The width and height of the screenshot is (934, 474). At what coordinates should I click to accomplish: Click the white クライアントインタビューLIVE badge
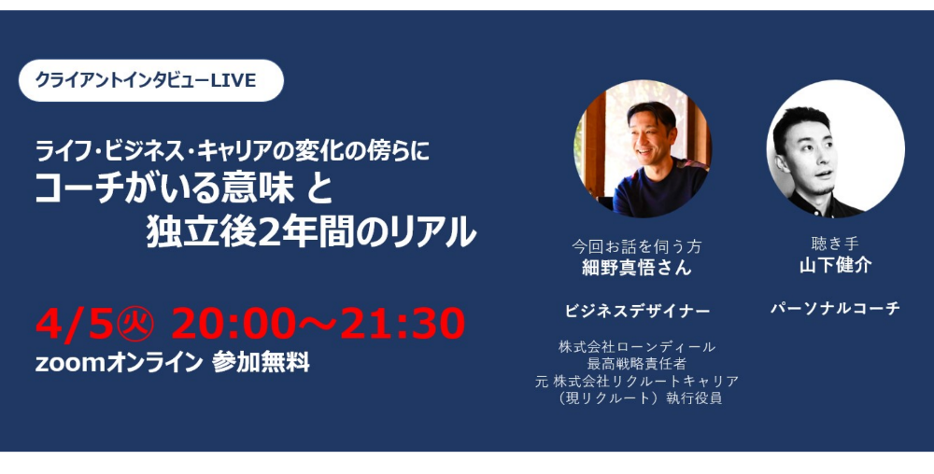click(151, 80)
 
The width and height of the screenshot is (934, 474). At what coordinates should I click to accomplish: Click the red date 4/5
click(73, 324)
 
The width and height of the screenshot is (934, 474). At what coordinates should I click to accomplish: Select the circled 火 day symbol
click(134, 324)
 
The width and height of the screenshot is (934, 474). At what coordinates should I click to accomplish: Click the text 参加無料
click(261, 362)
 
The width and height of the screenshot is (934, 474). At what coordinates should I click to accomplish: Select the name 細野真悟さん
click(636, 268)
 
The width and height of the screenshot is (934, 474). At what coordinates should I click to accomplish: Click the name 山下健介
click(835, 265)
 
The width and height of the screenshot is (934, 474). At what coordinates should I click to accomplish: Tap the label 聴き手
click(835, 244)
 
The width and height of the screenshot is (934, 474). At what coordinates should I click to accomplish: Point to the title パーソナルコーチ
click(835, 308)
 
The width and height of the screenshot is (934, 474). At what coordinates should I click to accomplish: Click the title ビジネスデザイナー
click(637, 311)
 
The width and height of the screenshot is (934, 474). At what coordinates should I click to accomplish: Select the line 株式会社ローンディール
click(637, 347)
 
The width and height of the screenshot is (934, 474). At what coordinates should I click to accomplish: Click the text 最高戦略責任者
click(637, 363)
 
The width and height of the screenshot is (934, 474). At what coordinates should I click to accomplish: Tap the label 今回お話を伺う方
click(636, 246)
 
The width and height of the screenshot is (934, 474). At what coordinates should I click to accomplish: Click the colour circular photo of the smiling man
click(643, 148)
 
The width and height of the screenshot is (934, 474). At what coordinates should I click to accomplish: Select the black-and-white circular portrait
click(835, 148)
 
